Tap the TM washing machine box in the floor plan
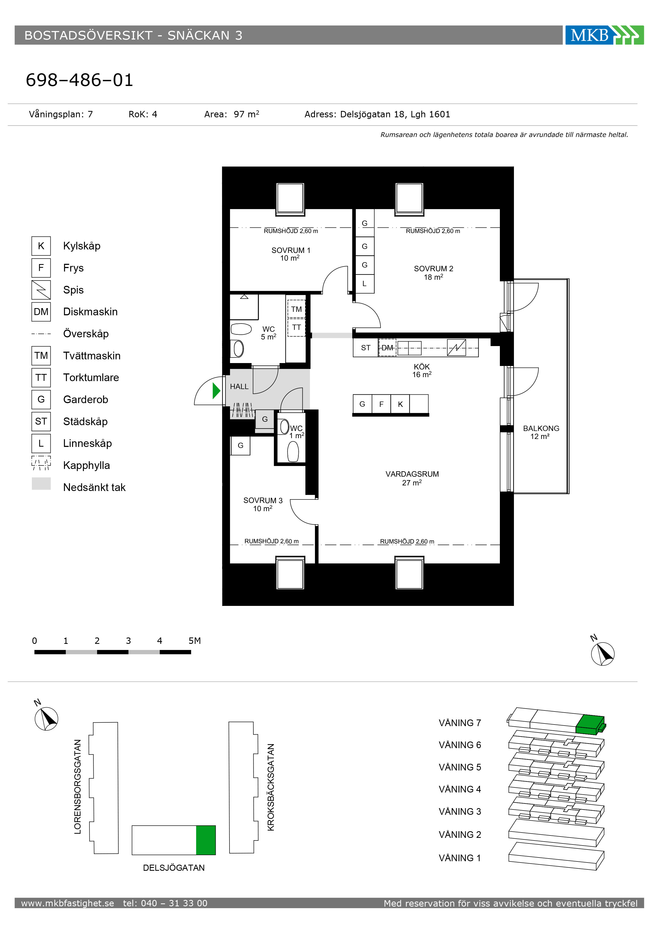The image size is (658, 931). (x=296, y=309)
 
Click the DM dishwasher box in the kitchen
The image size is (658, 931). (x=387, y=347)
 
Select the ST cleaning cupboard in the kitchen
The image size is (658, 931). (x=366, y=347)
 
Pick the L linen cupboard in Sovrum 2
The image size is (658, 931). (x=365, y=284)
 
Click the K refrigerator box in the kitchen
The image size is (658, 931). (x=400, y=404)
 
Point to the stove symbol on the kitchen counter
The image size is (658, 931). (x=457, y=347)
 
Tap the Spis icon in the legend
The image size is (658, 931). (x=41, y=290)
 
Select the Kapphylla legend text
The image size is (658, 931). (x=86, y=465)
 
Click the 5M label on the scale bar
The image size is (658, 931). (x=194, y=641)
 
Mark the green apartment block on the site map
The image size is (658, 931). (x=206, y=840)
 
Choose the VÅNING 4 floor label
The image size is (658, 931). (x=460, y=789)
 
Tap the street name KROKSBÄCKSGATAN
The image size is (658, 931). (x=271, y=787)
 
